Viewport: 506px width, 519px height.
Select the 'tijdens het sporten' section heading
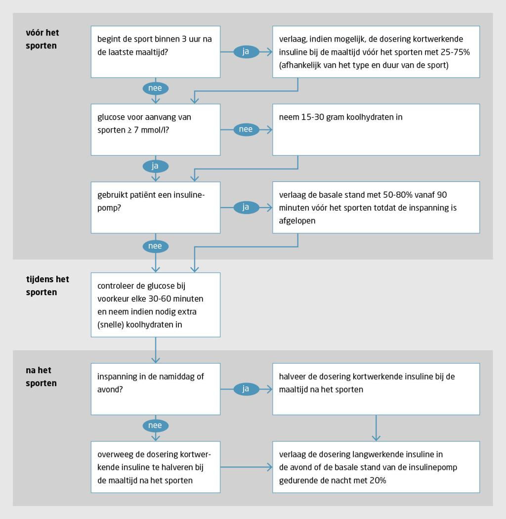tap(47, 286)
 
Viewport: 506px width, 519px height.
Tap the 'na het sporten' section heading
tap(41, 377)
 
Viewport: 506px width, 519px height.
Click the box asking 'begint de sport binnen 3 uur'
tap(156, 51)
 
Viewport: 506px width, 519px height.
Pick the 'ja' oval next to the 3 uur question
tap(246, 51)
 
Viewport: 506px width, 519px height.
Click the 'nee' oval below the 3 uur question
tap(156, 88)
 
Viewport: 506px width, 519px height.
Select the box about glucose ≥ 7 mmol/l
tap(156, 130)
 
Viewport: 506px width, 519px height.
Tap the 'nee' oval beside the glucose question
tap(246, 130)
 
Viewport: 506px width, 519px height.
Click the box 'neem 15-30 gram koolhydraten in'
tap(376, 130)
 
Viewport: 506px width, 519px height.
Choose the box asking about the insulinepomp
tap(156, 207)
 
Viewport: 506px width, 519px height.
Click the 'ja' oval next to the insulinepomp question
tap(246, 207)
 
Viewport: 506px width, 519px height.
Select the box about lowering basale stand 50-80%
tap(376, 207)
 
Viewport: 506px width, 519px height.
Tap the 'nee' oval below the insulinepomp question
tap(156, 245)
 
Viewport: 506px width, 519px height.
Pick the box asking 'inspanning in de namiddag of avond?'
tap(156, 389)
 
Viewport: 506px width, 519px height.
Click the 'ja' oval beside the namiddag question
tap(246, 389)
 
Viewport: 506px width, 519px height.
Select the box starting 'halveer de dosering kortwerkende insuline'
tap(376, 389)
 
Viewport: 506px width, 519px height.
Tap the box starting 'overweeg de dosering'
tap(156, 467)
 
